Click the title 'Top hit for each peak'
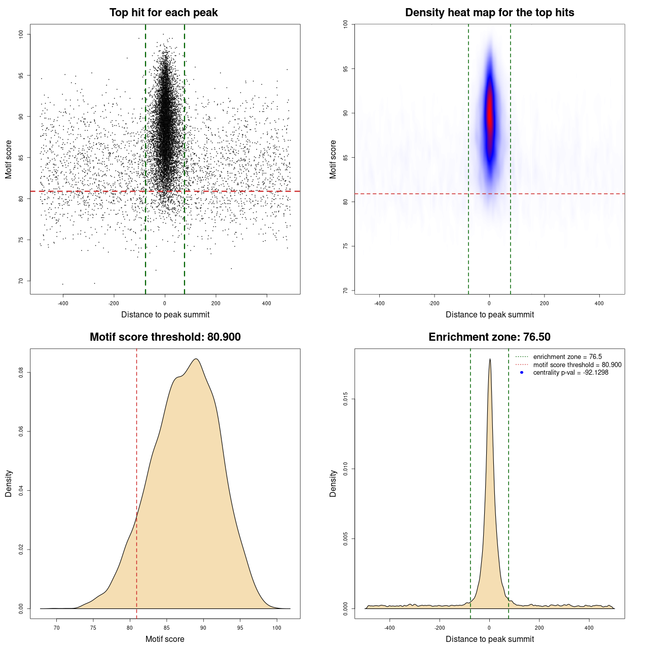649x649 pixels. (163, 13)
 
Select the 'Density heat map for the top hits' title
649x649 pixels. (489, 13)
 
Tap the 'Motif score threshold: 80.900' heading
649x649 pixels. (165, 337)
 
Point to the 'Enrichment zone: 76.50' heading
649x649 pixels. (489, 337)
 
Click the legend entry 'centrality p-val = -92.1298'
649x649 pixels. (570, 373)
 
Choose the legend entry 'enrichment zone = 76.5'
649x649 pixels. (567, 357)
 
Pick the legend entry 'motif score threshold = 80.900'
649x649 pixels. (577, 365)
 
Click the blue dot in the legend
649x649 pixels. (522, 373)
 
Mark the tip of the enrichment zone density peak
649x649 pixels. (490, 359)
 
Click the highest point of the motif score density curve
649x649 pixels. (196, 359)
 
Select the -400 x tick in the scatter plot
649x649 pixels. (63, 303)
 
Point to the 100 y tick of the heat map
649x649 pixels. (346, 24)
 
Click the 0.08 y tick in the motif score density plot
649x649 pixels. (21, 373)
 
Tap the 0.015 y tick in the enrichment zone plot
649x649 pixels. (346, 399)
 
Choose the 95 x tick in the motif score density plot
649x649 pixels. (240, 628)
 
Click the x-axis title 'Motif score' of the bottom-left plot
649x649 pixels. (165, 639)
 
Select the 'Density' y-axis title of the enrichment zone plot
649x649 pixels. (333, 483)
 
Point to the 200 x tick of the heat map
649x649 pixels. (544, 303)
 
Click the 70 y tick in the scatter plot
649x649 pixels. (21, 281)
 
